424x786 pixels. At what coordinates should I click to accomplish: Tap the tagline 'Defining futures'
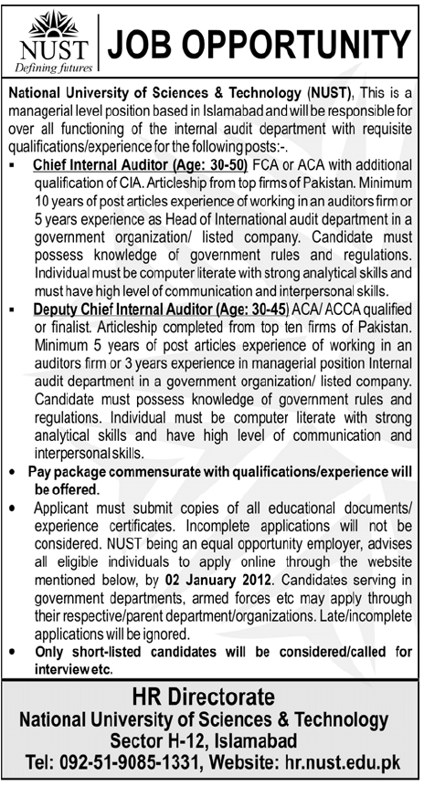click(x=48, y=68)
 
